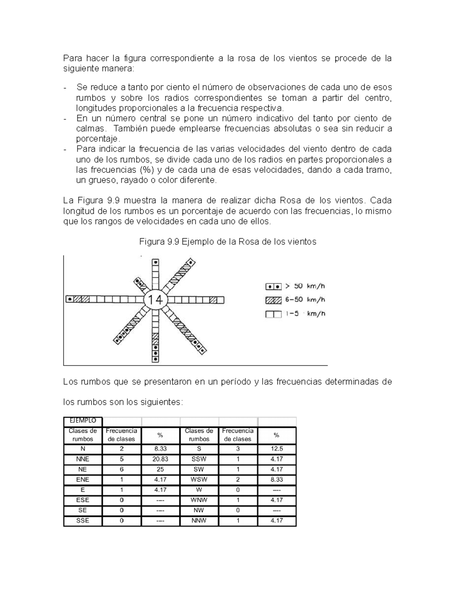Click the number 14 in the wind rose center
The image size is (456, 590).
[155, 300]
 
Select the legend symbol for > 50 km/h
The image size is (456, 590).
[274, 286]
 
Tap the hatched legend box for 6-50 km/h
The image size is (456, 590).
[274, 300]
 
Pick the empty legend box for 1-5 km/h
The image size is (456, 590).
[274, 314]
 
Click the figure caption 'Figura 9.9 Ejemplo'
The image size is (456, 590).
[228, 242]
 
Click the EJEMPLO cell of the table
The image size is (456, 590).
[83, 421]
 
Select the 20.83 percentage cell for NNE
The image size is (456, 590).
[160, 459]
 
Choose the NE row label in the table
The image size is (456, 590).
[82, 469]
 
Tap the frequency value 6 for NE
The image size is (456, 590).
[122, 469]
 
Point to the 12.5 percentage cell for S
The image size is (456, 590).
[277, 449]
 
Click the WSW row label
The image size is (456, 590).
[199, 479]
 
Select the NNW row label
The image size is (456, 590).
[199, 520]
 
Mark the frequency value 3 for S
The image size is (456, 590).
[238, 449]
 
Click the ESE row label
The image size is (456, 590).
[82, 500]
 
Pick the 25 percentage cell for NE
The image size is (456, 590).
[160, 469]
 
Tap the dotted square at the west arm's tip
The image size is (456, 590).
[70, 299]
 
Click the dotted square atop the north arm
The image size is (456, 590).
[155, 263]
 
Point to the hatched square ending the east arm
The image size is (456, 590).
[214, 300]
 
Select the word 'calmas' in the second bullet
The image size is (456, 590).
[89, 128]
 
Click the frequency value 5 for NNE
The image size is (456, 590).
[122, 459]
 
